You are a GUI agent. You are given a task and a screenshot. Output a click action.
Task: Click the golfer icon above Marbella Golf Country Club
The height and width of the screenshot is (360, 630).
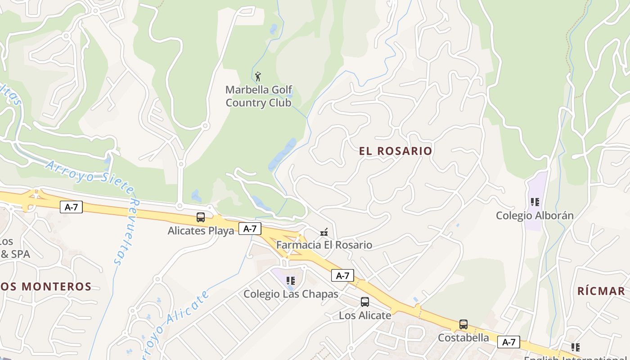click(258, 76)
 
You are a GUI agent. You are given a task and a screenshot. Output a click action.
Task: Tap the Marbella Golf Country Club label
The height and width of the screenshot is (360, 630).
click(259, 96)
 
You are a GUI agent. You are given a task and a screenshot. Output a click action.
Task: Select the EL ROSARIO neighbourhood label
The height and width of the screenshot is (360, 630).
click(396, 151)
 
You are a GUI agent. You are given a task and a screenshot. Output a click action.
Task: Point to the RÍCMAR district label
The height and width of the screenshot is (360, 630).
click(601, 291)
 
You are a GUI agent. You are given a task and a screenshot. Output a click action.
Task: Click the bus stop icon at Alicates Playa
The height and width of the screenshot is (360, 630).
click(201, 217)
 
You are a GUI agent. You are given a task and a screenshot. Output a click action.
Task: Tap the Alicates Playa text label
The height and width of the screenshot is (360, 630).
click(201, 231)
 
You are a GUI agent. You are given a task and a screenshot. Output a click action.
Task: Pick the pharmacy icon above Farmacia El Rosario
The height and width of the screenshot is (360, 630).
click(324, 232)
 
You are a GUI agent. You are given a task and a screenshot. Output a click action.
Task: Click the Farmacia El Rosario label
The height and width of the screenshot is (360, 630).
click(324, 245)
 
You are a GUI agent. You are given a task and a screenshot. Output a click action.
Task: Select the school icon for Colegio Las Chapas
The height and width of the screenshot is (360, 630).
click(291, 281)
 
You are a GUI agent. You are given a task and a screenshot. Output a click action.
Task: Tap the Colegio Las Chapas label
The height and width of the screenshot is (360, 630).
click(291, 294)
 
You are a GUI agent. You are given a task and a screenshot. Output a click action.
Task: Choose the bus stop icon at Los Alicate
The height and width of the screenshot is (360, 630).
click(365, 302)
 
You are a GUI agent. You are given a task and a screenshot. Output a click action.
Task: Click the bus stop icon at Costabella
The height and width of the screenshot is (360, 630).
click(463, 324)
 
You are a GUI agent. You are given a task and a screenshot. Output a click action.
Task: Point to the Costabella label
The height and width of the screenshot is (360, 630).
click(463, 337)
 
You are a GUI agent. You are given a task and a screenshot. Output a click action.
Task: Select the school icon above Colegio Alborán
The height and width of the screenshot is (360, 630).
click(535, 202)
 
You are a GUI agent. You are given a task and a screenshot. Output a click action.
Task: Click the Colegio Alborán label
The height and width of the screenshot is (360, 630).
click(535, 216)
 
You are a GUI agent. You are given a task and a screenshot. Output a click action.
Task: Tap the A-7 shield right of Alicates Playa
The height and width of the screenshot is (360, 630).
click(250, 229)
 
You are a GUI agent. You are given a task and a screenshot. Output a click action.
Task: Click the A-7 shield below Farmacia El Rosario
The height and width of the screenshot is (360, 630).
click(342, 275)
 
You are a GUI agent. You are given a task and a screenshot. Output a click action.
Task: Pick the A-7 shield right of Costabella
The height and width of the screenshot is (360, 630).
click(508, 342)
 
